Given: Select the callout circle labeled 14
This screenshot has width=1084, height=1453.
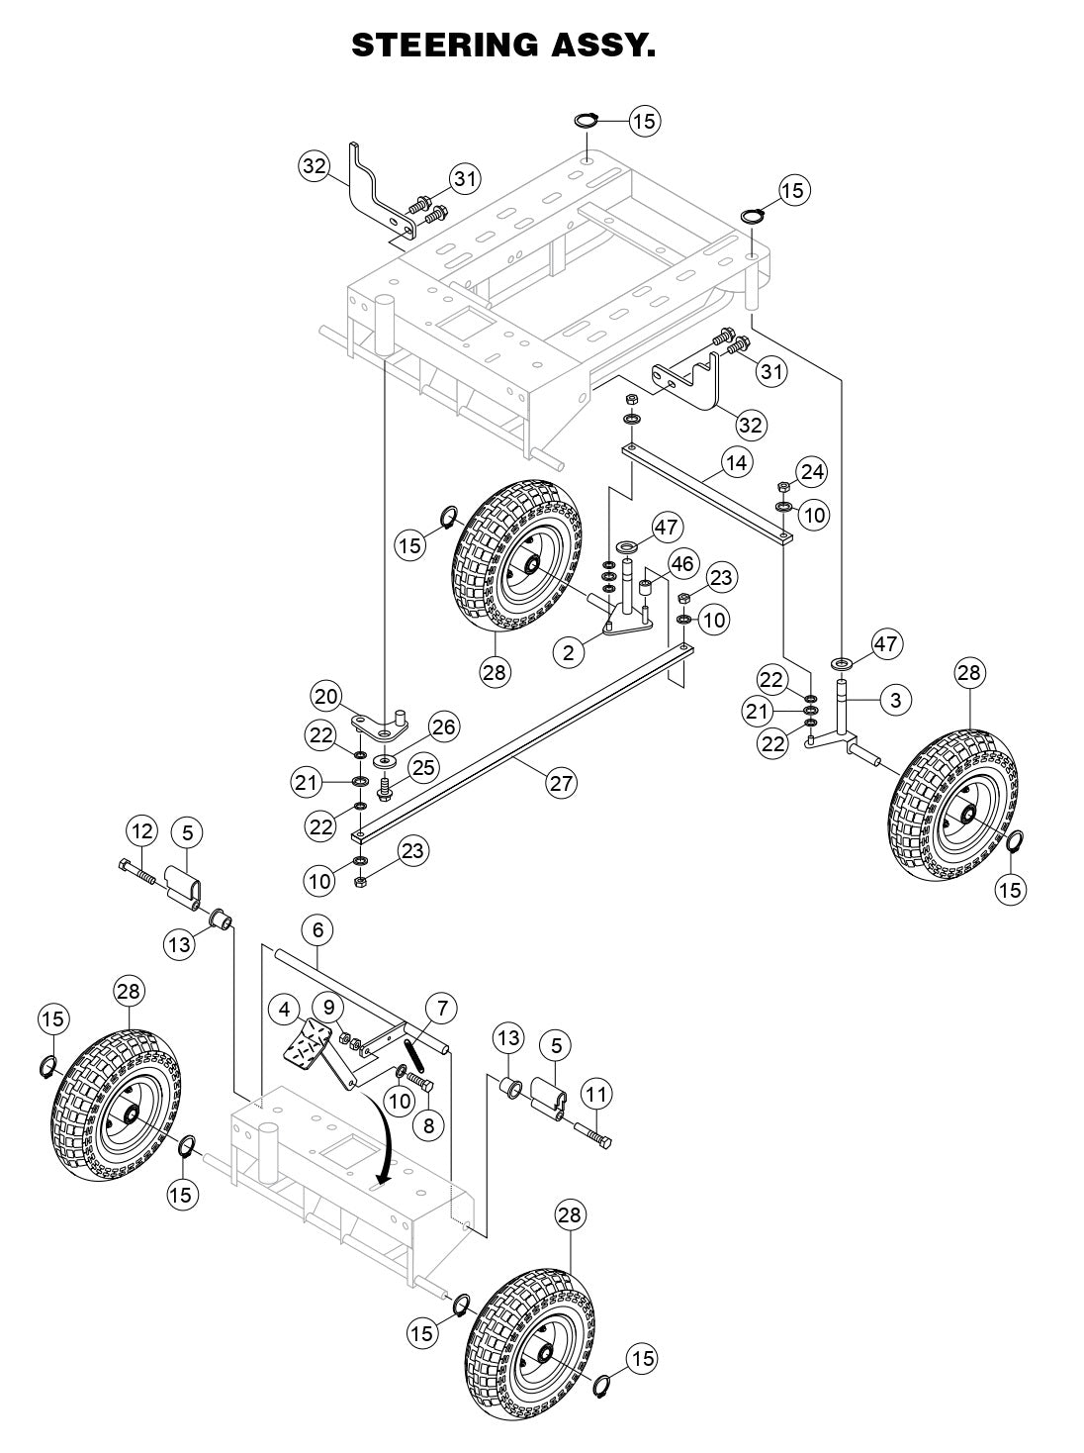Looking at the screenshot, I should tap(735, 461).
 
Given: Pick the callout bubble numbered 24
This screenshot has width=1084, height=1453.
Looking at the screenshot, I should tap(811, 472).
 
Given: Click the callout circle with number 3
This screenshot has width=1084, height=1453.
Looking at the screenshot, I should tap(894, 700).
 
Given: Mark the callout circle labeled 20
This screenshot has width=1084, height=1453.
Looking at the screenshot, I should tap(326, 696).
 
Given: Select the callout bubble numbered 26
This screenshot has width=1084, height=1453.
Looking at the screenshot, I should tap(443, 727).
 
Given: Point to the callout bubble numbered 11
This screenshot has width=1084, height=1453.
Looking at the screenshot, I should tap(595, 1094).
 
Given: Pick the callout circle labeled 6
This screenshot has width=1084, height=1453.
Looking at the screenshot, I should tap(316, 930).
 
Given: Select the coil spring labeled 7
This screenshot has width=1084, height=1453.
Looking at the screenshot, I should tap(415, 1051).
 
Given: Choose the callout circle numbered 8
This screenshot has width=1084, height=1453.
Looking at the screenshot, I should tap(428, 1125).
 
